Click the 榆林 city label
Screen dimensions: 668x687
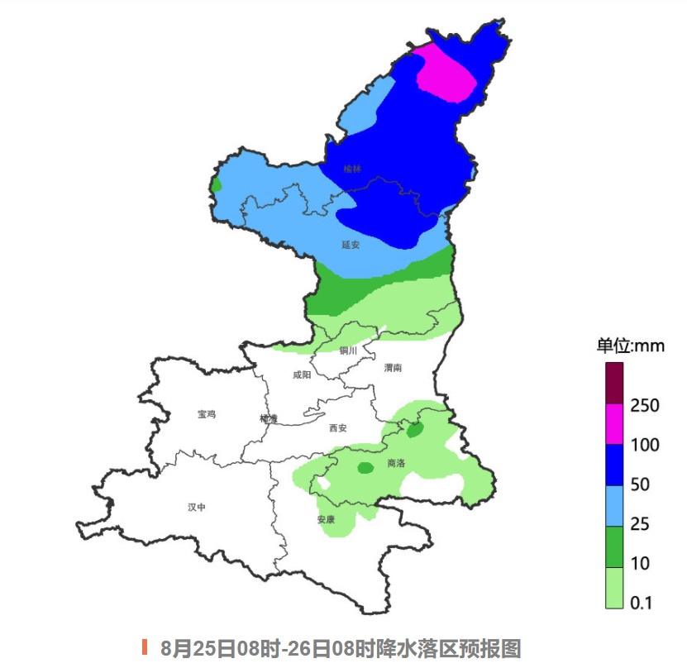pos(352,169)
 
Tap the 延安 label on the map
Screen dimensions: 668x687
pos(351,245)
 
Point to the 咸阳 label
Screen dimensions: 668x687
pos(302,375)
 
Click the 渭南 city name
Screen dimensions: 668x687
pos(393,369)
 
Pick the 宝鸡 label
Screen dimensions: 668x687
pos(207,414)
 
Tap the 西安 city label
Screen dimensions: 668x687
pos(337,427)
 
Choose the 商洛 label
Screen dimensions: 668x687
pos(396,464)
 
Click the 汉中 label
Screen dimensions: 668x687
pos(196,507)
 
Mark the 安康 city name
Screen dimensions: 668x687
pos(326,520)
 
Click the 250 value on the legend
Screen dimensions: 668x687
pos(644,406)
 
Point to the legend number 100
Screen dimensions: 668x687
pos(644,446)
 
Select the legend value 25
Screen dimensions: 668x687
pos(640,524)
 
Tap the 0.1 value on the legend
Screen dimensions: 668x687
pos(642,603)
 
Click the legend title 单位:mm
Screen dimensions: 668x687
pos(630,346)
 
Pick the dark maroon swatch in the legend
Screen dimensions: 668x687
pos(613,383)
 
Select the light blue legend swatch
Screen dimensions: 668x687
pos(613,504)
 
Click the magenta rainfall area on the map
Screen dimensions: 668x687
pos(446,73)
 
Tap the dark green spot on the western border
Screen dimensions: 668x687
pos(217,184)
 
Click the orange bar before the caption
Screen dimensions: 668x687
pos(145,647)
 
